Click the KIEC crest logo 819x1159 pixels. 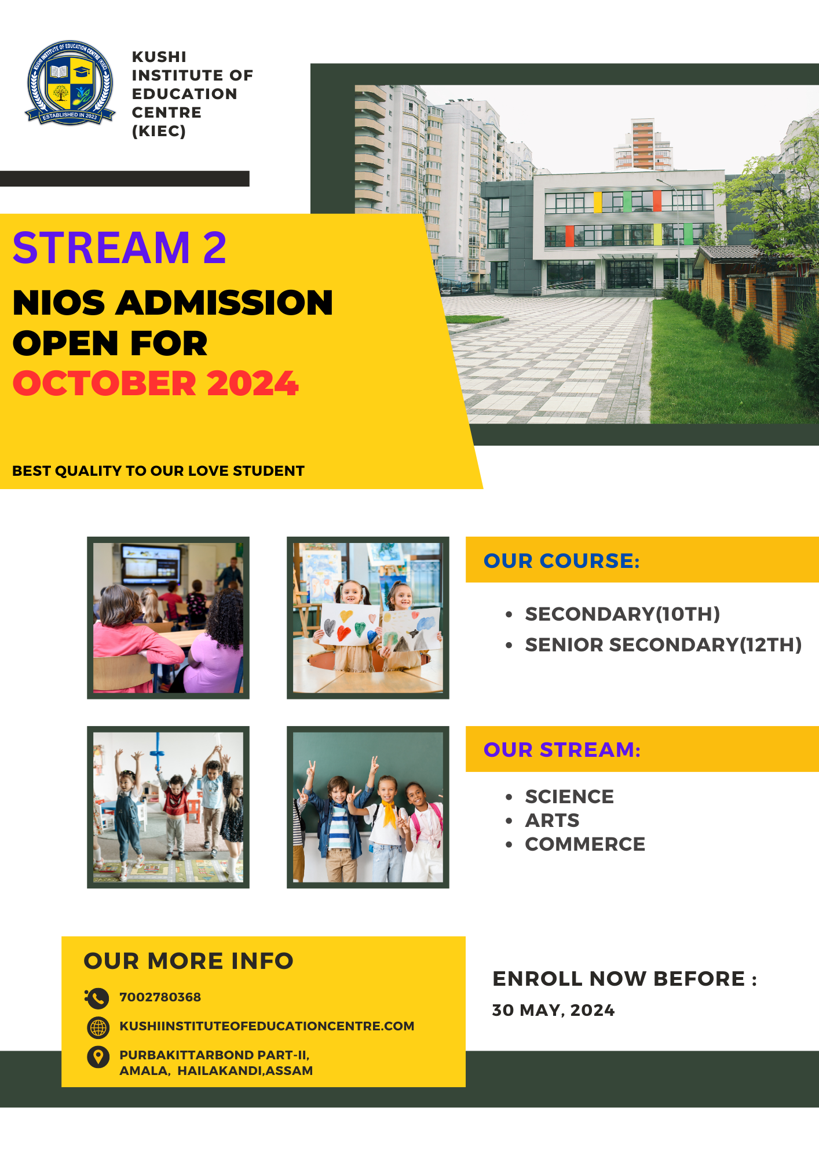click(x=70, y=82)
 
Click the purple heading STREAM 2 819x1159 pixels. click(x=119, y=247)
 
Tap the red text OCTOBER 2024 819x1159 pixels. click(x=156, y=384)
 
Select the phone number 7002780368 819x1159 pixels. click(x=160, y=997)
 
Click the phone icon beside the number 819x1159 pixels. click(x=97, y=998)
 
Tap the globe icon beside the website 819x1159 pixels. click(x=98, y=1027)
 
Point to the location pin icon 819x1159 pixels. click(x=98, y=1056)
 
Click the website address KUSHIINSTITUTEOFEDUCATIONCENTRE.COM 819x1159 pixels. click(x=267, y=1026)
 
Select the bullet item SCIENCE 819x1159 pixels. click(x=569, y=796)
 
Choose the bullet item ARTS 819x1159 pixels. click(x=552, y=820)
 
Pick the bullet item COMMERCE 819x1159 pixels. click(x=585, y=844)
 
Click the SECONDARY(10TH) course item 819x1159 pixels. click(x=623, y=614)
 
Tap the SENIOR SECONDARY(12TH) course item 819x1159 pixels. click(x=663, y=644)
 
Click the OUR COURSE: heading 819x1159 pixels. click(x=562, y=560)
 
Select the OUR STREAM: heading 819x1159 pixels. click(x=562, y=749)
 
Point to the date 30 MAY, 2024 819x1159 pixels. click(x=553, y=1010)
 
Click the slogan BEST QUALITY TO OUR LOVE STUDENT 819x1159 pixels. click(x=158, y=471)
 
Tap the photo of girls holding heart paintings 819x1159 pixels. click(x=368, y=618)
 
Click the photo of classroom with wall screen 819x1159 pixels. click(x=168, y=618)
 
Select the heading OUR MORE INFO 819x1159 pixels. click(x=189, y=961)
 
